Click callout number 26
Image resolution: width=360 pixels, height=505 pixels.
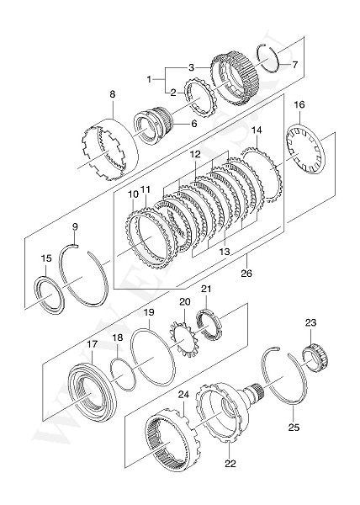coord(246,273)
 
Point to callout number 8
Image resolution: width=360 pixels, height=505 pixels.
coord(111,96)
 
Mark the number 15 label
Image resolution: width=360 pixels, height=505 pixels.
coord(46,258)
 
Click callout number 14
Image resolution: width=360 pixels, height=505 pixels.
coord(257,130)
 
